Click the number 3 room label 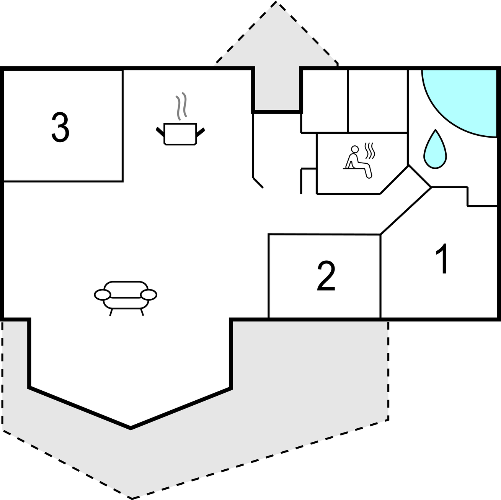[60, 127]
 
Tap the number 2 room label [326, 276]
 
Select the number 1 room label [443, 259]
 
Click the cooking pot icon [180, 133]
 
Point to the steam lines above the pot [181, 106]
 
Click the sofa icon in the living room [126, 295]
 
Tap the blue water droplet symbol [435, 150]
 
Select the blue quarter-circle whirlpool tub [467, 98]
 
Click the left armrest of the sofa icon [103, 294]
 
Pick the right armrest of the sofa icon [149, 294]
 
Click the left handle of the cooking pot [160, 132]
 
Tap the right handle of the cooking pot [201, 132]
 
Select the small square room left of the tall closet [325, 101]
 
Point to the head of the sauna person [355, 149]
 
